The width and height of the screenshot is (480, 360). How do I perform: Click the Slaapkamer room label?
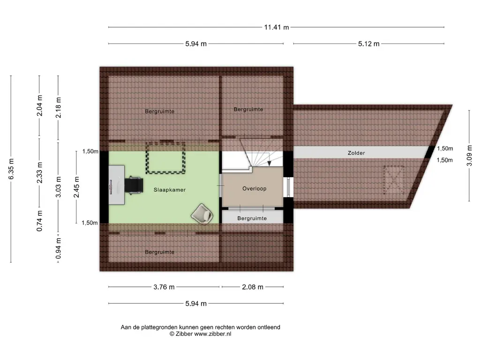[x=170, y=190]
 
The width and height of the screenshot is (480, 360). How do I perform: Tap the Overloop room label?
[x=255, y=188]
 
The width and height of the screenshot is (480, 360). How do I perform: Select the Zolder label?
[x=356, y=153]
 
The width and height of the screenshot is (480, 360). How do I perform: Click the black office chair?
[x=134, y=185]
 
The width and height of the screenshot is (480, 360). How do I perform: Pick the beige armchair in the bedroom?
[x=202, y=214]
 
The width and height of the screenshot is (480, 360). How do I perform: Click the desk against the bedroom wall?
[x=117, y=185]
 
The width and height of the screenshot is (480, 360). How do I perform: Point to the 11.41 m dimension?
[x=277, y=27]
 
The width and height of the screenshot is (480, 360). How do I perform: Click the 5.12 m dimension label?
[x=369, y=44]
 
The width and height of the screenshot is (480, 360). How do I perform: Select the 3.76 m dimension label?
[x=164, y=287]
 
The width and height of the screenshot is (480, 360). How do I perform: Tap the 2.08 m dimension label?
[x=253, y=287]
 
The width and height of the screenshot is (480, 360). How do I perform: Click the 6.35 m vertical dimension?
[x=11, y=169]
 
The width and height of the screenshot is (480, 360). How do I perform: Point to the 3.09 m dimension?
[x=469, y=156]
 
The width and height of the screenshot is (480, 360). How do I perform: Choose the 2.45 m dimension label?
[x=76, y=187]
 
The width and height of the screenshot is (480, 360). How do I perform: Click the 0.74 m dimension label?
[x=39, y=221]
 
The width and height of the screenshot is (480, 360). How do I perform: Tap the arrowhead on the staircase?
[x=270, y=164]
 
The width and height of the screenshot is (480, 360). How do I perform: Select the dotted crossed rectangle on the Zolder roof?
[x=394, y=180]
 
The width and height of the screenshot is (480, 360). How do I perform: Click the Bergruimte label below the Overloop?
[x=252, y=218]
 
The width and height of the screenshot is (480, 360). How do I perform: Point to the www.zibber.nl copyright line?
[x=201, y=334]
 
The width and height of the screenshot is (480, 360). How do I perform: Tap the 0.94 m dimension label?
[x=59, y=248]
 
